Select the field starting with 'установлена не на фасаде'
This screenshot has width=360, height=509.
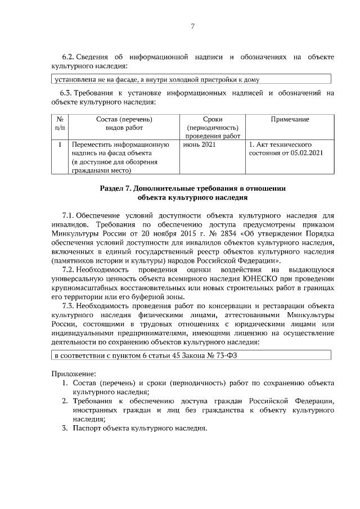(191, 79)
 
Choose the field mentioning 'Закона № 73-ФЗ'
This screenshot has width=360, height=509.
(191, 355)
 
